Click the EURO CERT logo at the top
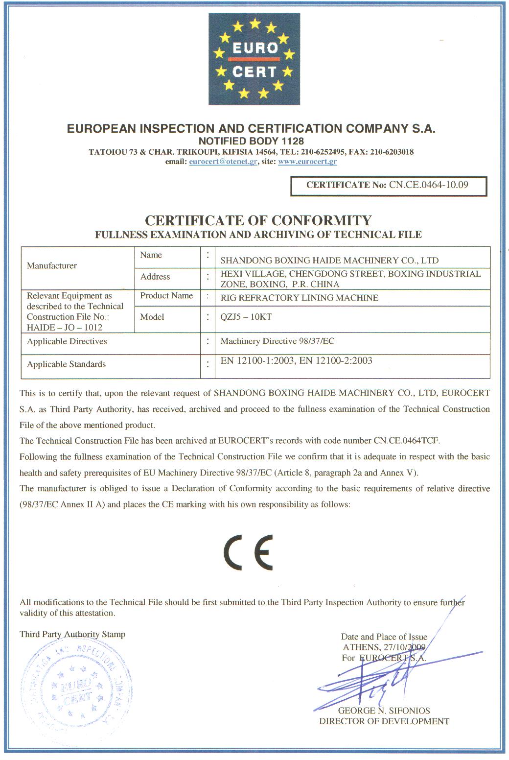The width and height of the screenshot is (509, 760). coord(254,59)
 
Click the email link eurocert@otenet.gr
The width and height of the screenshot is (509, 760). coord(223,162)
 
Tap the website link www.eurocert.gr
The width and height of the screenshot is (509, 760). coord(307,162)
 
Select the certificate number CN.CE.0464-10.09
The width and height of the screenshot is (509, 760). coord(429,185)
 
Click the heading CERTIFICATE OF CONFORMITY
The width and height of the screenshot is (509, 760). coord(258,220)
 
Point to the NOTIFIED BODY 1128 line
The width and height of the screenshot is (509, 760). coord(251,141)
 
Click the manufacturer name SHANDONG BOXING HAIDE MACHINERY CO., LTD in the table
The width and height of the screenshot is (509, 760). coord(329,260)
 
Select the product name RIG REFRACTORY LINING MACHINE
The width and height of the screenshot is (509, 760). coord(300,298)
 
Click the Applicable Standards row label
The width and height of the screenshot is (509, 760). coord(67,364)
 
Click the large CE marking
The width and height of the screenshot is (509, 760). coord(249,552)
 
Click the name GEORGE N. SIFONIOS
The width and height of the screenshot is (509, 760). coord(384,711)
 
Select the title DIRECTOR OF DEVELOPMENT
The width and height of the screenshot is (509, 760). coord(384,721)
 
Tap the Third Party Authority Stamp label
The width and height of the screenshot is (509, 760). coord(72,635)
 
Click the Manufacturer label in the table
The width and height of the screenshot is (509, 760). coord(52,266)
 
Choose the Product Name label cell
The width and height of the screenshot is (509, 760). coord(166,296)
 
